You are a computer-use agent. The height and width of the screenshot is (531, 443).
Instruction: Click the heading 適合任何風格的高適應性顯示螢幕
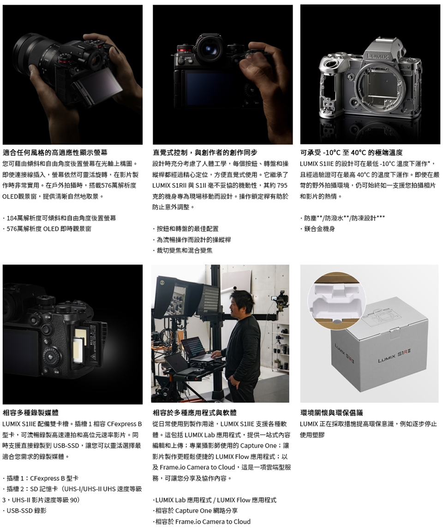coord(55,153)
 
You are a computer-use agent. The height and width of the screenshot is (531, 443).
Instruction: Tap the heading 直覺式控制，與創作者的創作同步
coord(205,153)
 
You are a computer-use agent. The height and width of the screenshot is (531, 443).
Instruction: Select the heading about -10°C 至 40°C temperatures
coord(352,153)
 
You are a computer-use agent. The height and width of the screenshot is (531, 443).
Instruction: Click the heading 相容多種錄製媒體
coord(30,413)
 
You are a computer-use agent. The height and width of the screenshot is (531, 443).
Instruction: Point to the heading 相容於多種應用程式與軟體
coord(195,413)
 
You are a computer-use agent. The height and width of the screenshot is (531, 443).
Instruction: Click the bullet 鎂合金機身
coord(317,229)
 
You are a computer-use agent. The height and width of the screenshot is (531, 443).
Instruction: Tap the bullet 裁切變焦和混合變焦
coord(183,251)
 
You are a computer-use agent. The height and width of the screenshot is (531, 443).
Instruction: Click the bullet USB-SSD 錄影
coord(24,510)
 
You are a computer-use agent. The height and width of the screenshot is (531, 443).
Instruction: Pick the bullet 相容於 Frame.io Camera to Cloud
coord(202,521)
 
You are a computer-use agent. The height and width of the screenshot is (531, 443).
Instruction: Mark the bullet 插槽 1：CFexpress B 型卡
coord(41,478)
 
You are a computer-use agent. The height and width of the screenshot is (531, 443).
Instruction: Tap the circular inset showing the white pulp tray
coord(337,302)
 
